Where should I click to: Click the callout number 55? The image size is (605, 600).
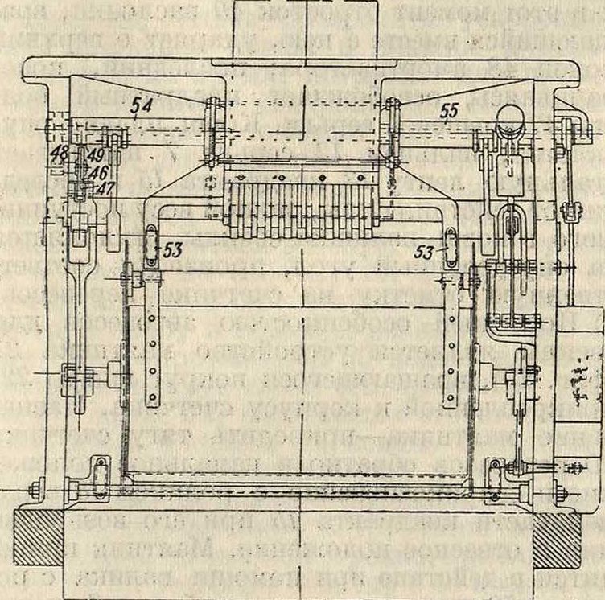[x=448, y=112]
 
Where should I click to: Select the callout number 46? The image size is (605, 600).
[x=99, y=171]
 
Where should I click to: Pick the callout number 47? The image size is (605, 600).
[x=101, y=187]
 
